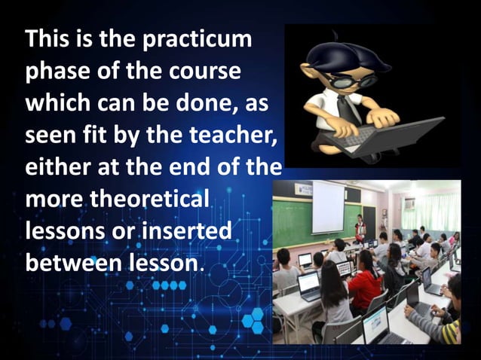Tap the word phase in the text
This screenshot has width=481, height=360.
57,72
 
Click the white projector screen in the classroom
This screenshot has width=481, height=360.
328,206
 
